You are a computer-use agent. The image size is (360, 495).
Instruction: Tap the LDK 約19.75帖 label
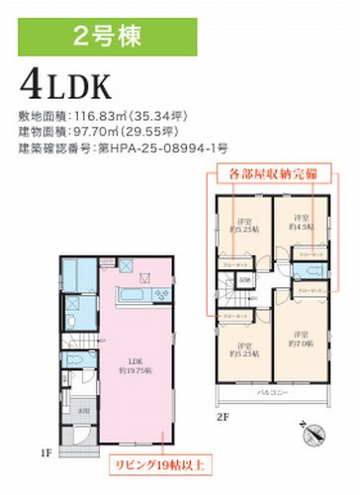pyautogui.click(x=130, y=365)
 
